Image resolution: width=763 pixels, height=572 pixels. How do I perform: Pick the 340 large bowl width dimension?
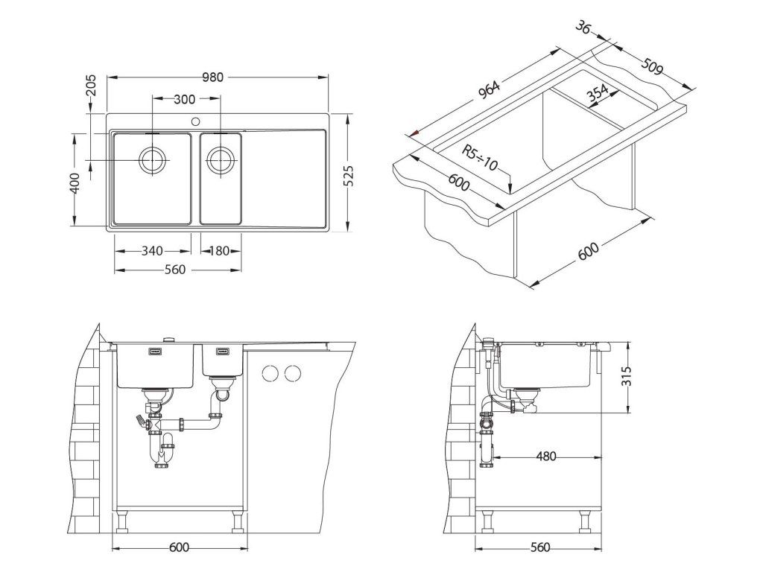[x=152, y=251]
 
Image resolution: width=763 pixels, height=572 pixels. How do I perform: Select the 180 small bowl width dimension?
[x=220, y=251]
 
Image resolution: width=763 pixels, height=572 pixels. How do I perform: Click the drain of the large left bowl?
[x=152, y=159]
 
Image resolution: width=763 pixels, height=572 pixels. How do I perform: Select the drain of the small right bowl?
[x=221, y=159]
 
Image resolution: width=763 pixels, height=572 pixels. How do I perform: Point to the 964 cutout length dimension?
[x=488, y=90]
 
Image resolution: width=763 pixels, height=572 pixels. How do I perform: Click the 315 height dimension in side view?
[x=626, y=377]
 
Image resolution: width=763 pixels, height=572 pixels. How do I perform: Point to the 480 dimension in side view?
[x=546, y=457]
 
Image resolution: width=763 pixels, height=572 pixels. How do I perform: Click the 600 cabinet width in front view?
[x=178, y=547]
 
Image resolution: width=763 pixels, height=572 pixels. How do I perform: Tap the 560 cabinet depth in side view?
[x=539, y=547]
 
